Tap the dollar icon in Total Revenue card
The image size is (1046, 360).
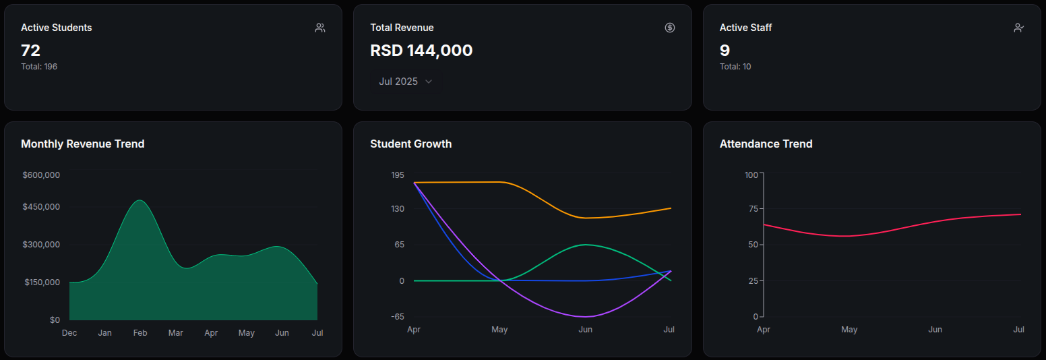669,28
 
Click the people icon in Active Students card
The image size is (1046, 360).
320,28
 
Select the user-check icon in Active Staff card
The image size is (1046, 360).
1018,28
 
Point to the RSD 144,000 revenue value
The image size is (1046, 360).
421,51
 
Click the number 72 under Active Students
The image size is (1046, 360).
31,51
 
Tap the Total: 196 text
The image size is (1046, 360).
39,67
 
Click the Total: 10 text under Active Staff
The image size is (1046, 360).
735,67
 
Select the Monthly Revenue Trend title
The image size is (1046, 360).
82,144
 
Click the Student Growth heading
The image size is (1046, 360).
411,144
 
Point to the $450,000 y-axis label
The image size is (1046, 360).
41,207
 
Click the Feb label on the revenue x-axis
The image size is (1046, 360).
140,333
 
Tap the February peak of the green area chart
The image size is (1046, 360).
140,200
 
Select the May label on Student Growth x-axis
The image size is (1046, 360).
499,330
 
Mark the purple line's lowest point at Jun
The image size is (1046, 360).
585,317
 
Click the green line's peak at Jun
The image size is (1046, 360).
585,245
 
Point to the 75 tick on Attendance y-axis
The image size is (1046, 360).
751,208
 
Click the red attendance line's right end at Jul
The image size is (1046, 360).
1020,214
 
